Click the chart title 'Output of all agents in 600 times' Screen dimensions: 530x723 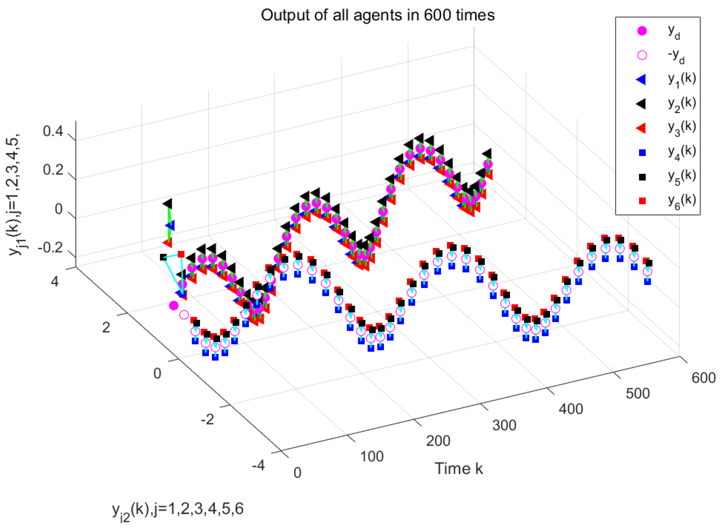377,15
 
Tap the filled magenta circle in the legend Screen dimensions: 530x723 642,31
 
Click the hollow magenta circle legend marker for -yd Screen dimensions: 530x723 642,55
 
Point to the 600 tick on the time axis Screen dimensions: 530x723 703,378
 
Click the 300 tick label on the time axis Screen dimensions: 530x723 504,425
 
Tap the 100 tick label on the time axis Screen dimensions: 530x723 372,456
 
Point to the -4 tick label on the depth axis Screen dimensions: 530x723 258,465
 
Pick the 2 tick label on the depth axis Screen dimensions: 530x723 106,328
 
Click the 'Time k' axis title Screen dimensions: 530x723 459,469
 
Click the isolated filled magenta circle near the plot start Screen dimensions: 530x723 174,305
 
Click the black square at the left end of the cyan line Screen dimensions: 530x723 163,257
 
